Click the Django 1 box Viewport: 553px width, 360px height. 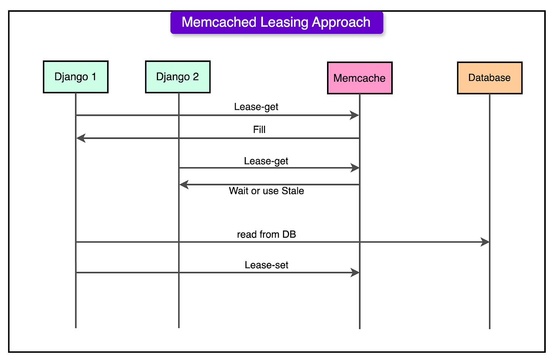76,77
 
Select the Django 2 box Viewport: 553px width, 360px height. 177,77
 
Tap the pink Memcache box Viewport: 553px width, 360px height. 359,78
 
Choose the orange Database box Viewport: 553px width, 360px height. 489,78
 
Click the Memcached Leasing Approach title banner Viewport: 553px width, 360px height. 276,22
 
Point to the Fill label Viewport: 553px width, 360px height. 259,130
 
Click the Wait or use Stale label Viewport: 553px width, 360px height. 266,191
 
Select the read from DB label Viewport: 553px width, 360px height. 266,234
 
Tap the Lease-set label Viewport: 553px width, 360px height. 266,265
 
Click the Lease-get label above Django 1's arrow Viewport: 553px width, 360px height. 256,107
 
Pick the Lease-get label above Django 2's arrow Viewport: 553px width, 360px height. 266,161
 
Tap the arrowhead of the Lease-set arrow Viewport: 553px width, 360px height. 355,273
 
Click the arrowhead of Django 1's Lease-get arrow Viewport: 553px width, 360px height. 355,115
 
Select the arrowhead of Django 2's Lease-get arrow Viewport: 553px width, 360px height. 355,168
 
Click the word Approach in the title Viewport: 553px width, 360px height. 341,22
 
